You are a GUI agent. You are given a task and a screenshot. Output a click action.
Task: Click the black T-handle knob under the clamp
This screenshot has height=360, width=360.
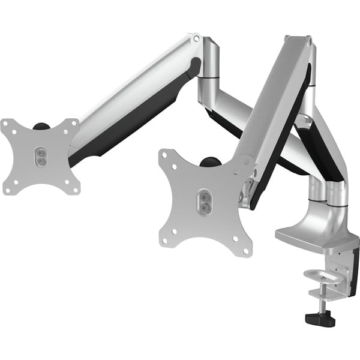coord(320,319)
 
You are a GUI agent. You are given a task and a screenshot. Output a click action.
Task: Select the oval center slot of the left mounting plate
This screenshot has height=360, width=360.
coord(39,156)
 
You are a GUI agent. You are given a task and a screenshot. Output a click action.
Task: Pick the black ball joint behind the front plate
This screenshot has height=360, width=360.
coord(210,162)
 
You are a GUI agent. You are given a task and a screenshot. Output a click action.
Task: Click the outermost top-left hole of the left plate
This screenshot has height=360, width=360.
coord(6,123)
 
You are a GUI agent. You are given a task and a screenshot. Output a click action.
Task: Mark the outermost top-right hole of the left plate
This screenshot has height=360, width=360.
coord(74,122)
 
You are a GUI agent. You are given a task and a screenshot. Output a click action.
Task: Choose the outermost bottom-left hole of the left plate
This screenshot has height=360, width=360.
coord(7,190)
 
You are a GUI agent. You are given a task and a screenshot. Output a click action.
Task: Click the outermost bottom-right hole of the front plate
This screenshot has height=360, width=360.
coord(245,249)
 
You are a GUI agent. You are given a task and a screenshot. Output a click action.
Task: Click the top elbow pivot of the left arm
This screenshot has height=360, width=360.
coord(196,38)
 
